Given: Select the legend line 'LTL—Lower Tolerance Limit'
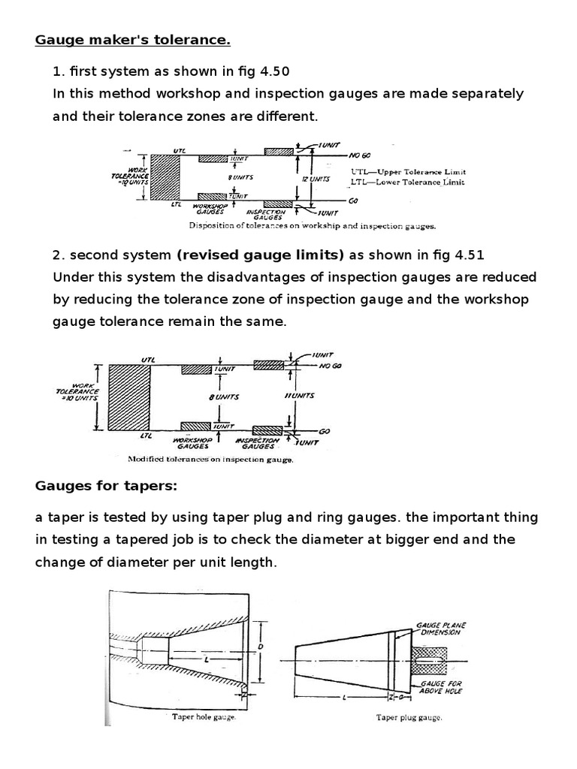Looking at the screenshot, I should [407, 182].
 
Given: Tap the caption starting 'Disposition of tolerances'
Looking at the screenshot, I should [313, 225].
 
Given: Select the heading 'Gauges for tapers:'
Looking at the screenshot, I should [106, 486].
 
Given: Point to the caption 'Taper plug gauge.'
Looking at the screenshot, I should [409, 718].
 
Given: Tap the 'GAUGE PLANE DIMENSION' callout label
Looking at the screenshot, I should [440, 628].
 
